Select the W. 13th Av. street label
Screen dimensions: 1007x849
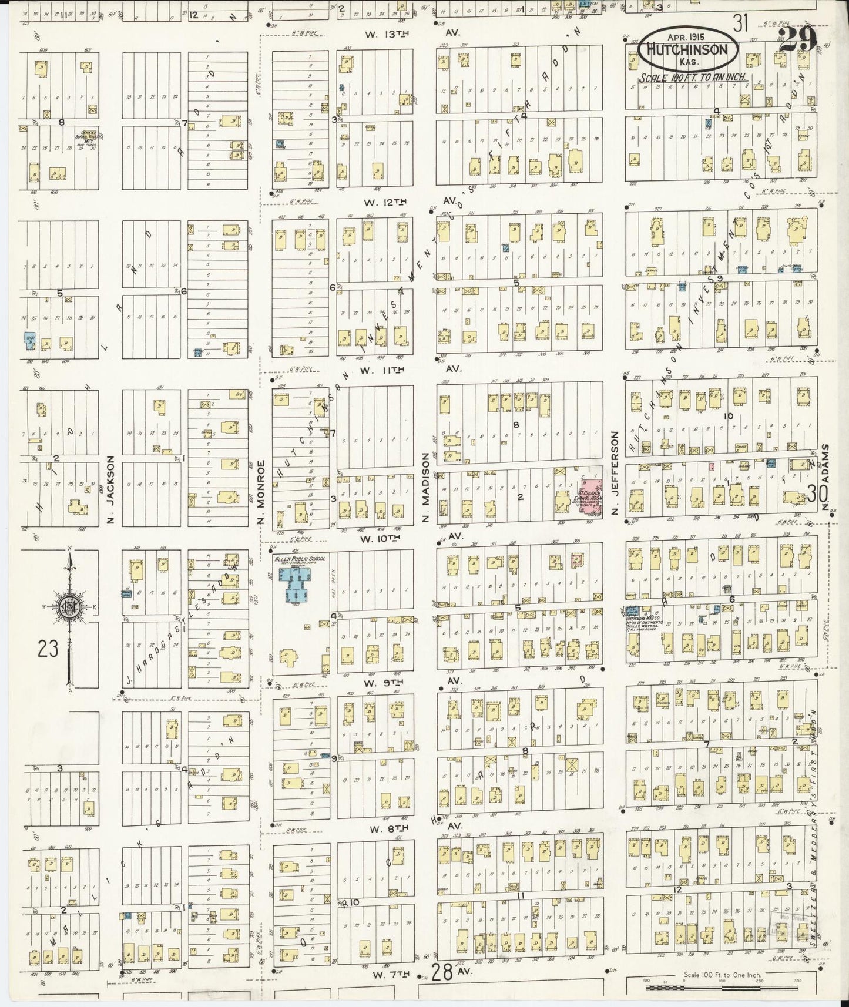[x=405, y=35]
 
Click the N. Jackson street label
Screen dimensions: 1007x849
[x=109, y=481]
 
